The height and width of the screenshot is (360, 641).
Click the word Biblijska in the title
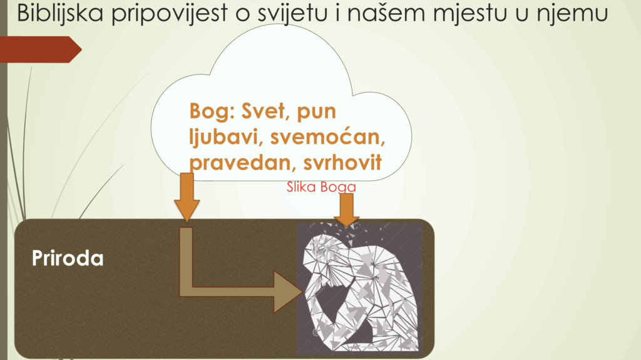click(60, 13)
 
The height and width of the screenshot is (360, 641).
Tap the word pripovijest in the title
click(169, 14)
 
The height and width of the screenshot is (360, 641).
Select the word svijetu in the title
click(292, 14)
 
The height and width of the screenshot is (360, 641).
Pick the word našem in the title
click(386, 14)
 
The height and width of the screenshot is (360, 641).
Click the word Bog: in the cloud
click(212, 111)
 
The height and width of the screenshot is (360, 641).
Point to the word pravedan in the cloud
click(240, 163)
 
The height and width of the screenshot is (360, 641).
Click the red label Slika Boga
click(321, 187)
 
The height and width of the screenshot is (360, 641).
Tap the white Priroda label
click(68, 259)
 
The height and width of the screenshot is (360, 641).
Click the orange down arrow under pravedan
click(187, 197)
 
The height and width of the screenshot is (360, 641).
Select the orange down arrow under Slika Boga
click(347, 210)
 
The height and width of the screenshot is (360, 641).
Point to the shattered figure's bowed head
click(324, 254)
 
